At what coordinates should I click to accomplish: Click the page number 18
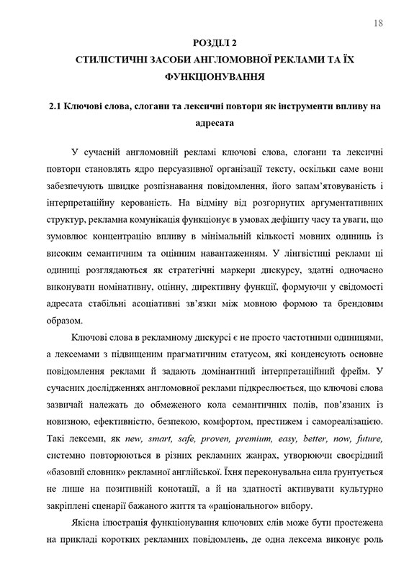click(x=378, y=24)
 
